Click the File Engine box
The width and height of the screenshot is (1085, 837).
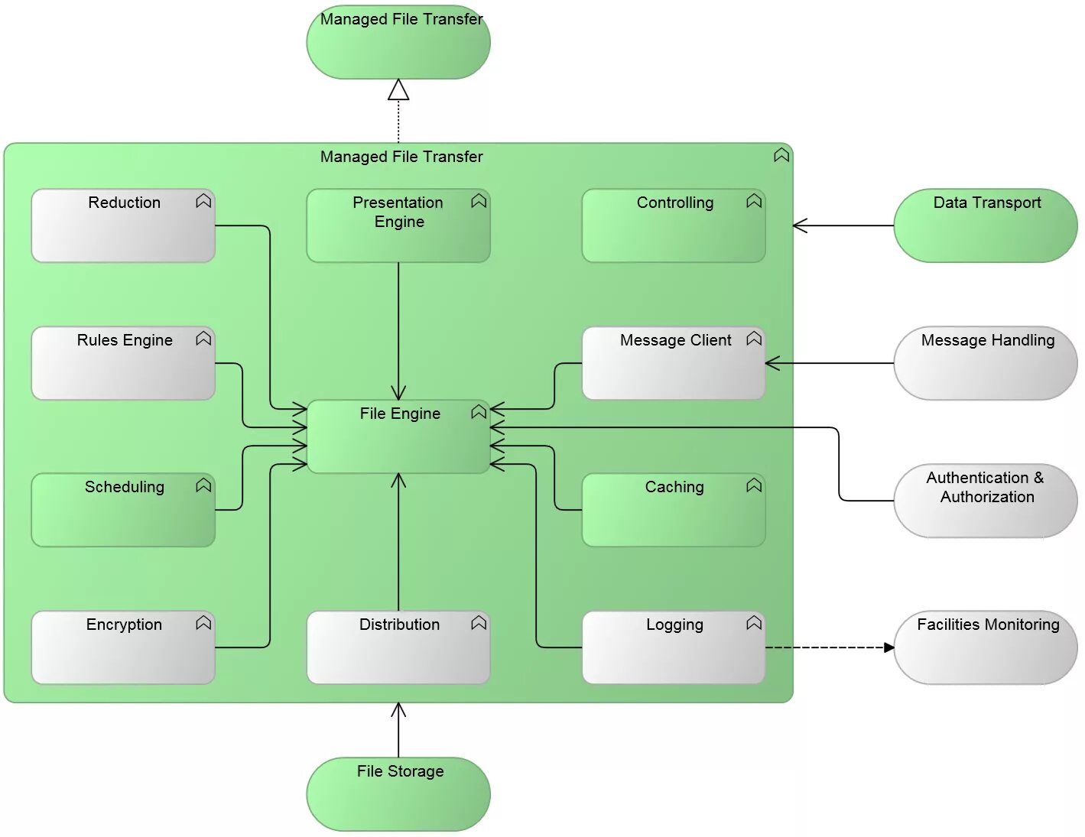pos(398,436)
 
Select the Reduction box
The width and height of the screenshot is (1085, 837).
pos(123,226)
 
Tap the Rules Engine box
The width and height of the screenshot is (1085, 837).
pos(123,364)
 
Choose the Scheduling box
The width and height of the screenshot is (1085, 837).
pos(123,511)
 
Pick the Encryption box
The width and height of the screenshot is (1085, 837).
pos(123,648)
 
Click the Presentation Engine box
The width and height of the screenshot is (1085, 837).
pos(398,226)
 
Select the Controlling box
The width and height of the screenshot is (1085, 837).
pos(673,226)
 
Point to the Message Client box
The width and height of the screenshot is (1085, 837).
pos(673,364)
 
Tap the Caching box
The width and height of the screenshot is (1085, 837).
pos(673,511)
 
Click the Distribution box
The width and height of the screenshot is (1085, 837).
pos(398,648)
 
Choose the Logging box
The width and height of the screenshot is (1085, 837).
pos(673,648)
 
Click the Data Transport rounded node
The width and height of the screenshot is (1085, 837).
pos(985,226)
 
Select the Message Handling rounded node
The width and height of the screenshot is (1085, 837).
pos(985,364)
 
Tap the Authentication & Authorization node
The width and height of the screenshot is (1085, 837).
pos(985,501)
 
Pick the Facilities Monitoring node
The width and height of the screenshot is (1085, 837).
pos(985,648)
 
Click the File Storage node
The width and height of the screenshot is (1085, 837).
pos(398,795)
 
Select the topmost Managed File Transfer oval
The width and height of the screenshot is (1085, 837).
pos(398,43)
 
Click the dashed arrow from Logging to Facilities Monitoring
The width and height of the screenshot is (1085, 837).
pos(830,648)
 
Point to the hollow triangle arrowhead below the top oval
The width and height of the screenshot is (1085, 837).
pos(398,91)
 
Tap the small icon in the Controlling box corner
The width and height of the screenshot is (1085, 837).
pos(754,201)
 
